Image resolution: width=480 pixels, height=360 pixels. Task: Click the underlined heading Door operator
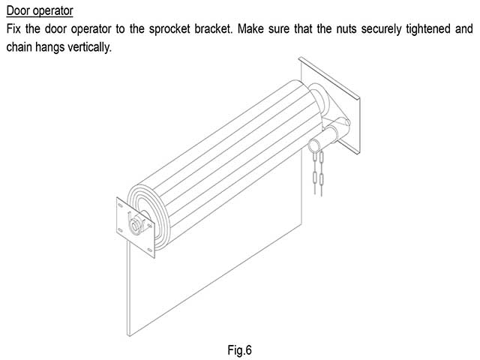point(40,11)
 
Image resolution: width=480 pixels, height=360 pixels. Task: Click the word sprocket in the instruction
point(169,29)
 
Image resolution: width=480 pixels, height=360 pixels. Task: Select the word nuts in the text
point(346,29)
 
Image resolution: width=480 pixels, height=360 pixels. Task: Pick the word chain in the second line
point(18,47)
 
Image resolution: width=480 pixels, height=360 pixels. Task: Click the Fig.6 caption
point(240,350)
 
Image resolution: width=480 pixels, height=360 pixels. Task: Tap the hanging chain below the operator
point(318,173)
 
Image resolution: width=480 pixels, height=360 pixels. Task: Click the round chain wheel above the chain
point(314,145)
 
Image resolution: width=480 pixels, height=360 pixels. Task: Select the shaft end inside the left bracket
point(135,226)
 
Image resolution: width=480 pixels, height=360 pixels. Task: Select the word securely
point(381,29)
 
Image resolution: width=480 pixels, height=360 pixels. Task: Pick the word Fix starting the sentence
point(13,29)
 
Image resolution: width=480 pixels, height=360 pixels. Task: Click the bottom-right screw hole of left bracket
point(150,250)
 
